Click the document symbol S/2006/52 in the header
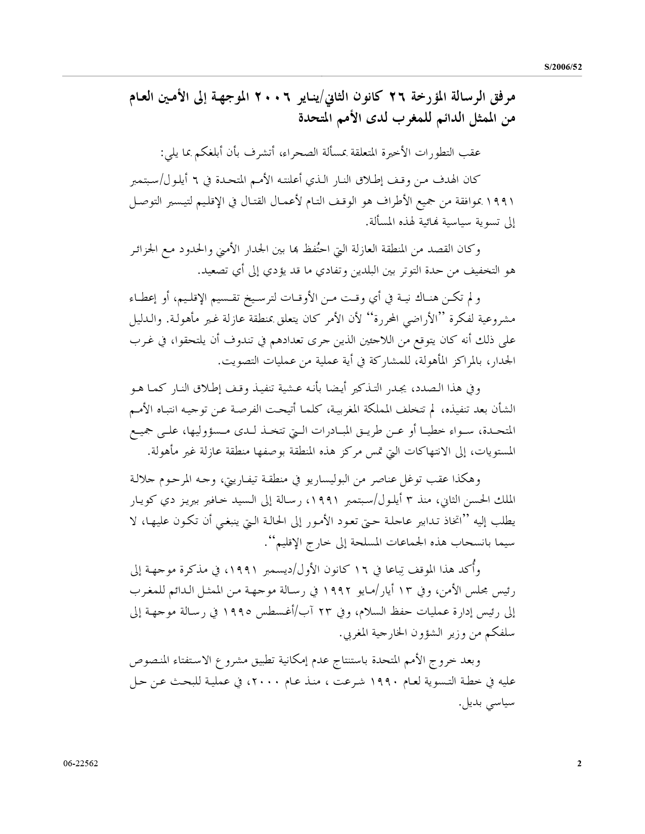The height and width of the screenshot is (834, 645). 563,67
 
